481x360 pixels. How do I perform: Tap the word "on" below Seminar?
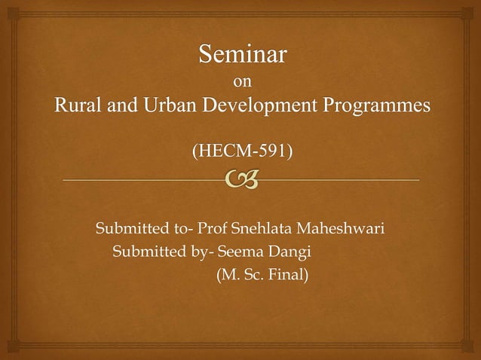(241, 81)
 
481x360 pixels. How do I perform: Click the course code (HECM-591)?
(241, 152)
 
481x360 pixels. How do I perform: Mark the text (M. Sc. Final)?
(262, 275)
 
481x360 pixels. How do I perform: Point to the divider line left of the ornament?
(136, 180)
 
